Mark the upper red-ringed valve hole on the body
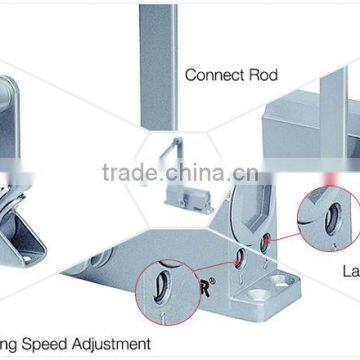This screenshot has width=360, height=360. click(265, 240)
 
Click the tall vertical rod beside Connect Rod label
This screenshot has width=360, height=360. click(157, 65)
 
